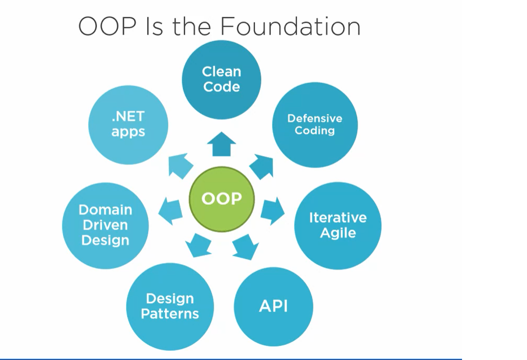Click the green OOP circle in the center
click(x=222, y=199)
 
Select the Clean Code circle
click(x=222, y=79)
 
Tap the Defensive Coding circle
click(x=314, y=124)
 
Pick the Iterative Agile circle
click(x=338, y=225)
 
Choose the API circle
click(x=274, y=306)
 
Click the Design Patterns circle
click(x=170, y=306)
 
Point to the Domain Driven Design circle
click(x=105, y=225)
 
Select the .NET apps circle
click(x=129, y=124)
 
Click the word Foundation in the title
click(x=290, y=26)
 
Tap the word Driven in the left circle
click(x=105, y=225)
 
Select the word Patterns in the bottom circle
click(x=170, y=314)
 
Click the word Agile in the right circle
click(x=338, y=233)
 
